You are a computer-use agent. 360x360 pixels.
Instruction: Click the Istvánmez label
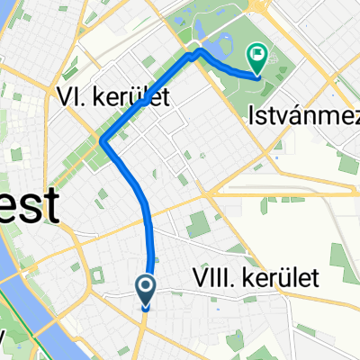click(x=302, y=112)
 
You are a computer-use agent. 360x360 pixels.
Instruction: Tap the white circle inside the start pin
click(x=146, y=286)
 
